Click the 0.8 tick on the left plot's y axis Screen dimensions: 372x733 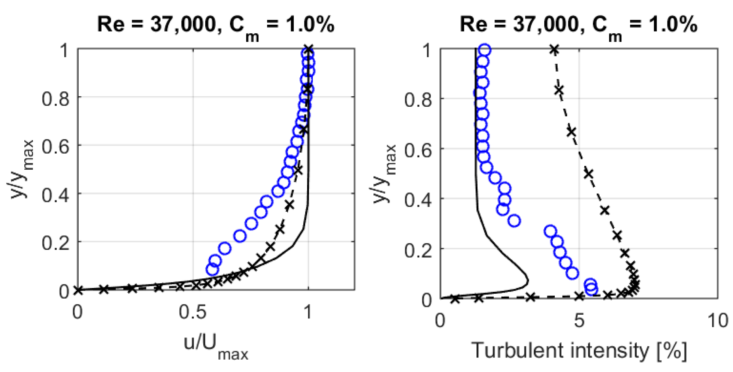click(x=55, y=99)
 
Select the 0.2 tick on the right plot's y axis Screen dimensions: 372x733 click(x=418, y=250)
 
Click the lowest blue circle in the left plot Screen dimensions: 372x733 click(x=212, y=269)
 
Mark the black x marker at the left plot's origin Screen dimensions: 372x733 click(x=78, y=290)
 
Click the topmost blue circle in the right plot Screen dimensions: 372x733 click(x=484, y=50)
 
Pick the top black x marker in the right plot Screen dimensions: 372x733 click(x=554, y=49)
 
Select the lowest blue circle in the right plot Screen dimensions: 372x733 click(x=591, y=289)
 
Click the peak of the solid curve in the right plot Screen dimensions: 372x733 click(x=528, y=281)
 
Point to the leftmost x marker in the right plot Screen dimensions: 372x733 click(x=454, y=299)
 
